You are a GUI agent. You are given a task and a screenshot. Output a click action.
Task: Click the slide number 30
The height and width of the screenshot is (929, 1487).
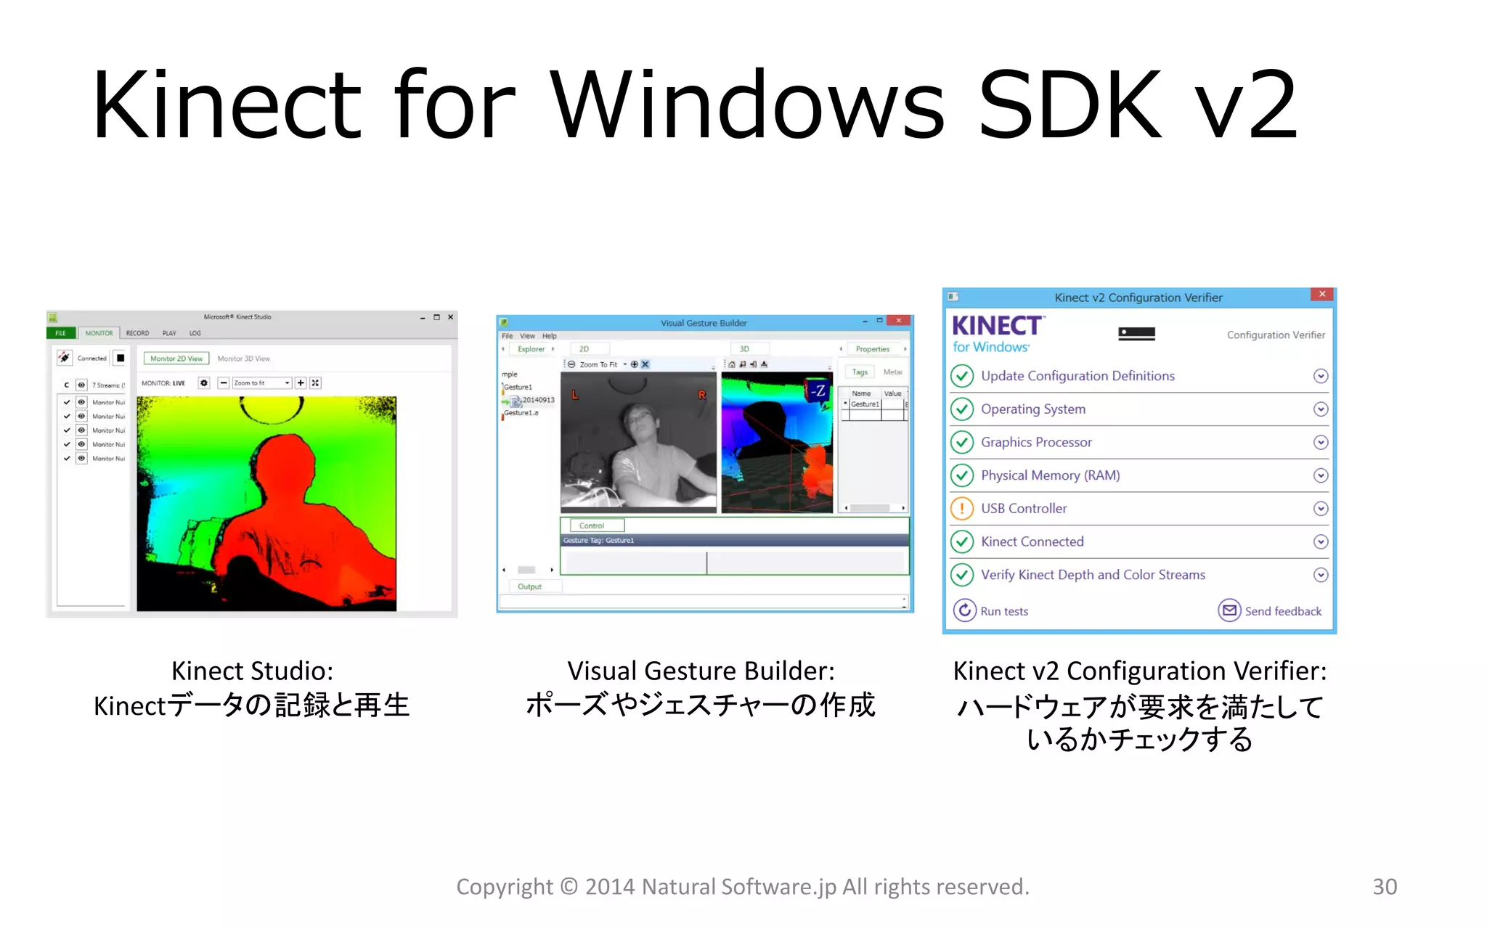pyautogui.click(x=1384, y=886)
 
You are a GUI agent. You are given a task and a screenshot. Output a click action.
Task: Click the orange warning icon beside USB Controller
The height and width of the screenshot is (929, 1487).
pyautogui.click(x=962, y=508)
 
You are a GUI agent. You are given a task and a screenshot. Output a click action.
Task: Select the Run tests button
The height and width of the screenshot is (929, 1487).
pyautogui.click(x=991, y=610)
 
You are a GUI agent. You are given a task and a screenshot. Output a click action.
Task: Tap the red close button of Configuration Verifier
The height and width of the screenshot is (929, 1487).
pyautogui.click(x=1321, y=294)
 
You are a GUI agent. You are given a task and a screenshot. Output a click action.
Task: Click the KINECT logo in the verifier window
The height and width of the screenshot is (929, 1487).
pyautogui.click(x=998, y=326)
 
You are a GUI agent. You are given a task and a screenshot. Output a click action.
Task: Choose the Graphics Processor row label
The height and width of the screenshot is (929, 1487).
pyautogui.click(x=1036, y=442)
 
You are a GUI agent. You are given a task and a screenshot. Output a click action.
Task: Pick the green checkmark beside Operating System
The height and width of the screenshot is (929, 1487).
pyautogui.click(x=962, y=409)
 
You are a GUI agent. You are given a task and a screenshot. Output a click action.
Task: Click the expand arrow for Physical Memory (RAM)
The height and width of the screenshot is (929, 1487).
pyautogui.click(x=1321, y=475)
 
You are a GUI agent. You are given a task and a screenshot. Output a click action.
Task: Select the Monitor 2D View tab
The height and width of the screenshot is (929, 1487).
pyautogui.click(x=176, y=359)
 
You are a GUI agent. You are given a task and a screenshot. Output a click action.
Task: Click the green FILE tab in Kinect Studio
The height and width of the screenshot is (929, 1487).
pyautogui.click(x=61, y=333)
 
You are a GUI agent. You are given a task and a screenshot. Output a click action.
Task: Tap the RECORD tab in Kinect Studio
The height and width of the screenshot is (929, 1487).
pyautogui.click(x=137, y=333)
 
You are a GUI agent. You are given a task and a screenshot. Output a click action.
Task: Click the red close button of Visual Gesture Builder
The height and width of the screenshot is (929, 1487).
pyautogui.click(x=899, y=321)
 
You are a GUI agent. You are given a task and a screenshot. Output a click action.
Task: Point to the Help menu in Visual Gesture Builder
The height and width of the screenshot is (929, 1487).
pyautogui.click(x=549, y=336)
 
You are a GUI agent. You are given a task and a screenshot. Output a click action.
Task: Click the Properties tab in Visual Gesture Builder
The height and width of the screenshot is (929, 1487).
pyautogui.click(x=872, y=349)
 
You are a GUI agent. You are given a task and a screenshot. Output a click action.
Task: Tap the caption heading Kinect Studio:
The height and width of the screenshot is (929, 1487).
pyautogui.click(x=252, y=671)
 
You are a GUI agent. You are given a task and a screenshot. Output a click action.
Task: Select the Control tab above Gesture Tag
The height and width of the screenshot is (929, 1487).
pyautogui.click(x=592, y=525)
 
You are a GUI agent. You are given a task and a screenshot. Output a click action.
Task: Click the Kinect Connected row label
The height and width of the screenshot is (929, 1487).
pyautogui.click(x=1032, y=541)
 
